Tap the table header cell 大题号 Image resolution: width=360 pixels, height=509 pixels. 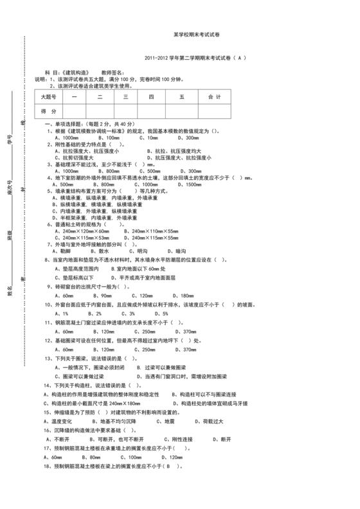[50, 97]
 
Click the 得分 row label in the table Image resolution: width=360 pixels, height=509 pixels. [50, 112]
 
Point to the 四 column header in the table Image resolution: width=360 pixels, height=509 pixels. [151, 97]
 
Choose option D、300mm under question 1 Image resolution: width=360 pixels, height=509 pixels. [187, 138]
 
